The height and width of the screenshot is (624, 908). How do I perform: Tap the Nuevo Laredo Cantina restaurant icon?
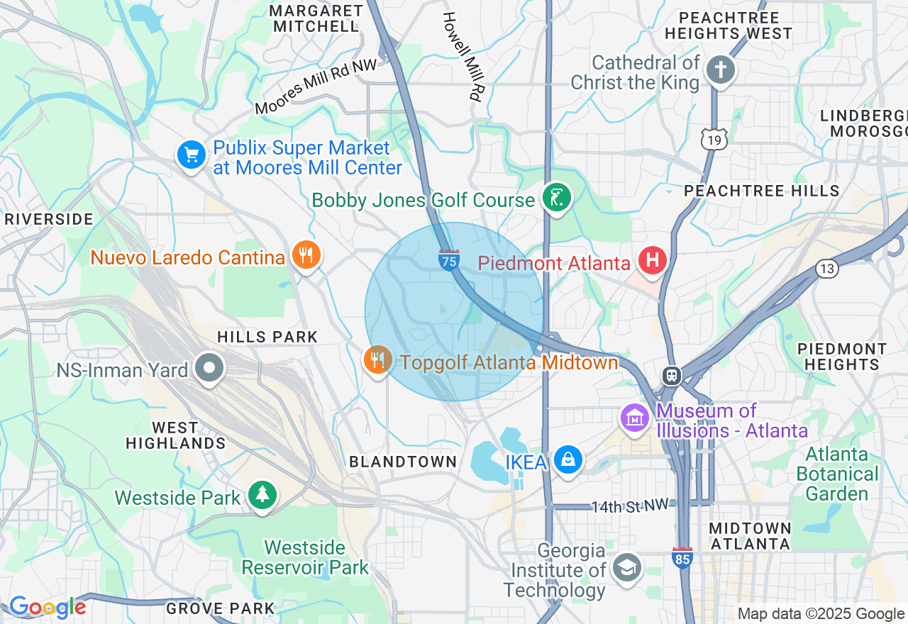tap(306, 255)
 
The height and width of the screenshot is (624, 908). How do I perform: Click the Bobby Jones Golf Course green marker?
tap(557, 198)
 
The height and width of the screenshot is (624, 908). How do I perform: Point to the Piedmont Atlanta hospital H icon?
tap(652, 260)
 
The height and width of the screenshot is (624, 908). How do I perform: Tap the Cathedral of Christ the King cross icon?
tap(721, 70)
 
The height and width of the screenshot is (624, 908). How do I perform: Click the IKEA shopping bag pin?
tap(568, 460)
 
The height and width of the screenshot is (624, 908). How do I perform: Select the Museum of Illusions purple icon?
tap(635, 418)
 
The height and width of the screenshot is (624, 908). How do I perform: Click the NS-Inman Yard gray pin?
tap(210, 368)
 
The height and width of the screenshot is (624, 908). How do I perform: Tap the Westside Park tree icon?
tap(262, 496)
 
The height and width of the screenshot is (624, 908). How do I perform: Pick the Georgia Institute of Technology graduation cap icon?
tap(627, 568)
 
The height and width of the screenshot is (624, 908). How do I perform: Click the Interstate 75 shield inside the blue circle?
tap(448, 260)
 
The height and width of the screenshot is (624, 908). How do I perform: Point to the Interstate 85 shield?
tap(682, 557)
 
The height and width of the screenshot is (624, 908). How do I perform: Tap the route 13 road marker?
tap(826, 269)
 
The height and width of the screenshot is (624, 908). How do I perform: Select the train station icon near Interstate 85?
tap(671, 375)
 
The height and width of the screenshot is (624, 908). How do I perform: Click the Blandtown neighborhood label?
tap(403, 462)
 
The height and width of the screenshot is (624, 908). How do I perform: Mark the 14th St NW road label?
tap(630, 506)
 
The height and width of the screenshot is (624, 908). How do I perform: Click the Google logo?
tap(48, 607)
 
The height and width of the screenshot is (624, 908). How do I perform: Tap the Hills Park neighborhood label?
tap(267, 337)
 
